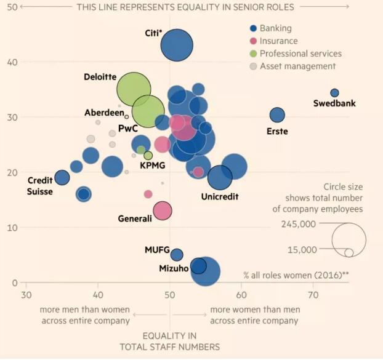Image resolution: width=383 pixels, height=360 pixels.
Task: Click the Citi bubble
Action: coord(177,45)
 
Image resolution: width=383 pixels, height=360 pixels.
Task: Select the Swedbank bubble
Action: coord(334,93)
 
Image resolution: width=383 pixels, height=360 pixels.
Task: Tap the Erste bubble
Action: coord(277,114)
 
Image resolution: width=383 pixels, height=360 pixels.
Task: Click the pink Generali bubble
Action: coord(162,211)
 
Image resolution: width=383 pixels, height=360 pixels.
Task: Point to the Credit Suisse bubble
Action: coord(62,178)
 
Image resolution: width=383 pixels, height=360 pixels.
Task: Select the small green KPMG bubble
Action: coord(148,156)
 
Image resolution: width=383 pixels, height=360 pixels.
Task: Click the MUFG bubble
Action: coord(177,255)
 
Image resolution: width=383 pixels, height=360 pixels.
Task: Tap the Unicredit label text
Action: coord(219,197)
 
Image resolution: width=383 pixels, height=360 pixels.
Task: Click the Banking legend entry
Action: coord(275,28)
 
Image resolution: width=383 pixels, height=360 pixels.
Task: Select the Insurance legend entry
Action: coord(278,41)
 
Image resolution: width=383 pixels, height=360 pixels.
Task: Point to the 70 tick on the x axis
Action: coord(314,295)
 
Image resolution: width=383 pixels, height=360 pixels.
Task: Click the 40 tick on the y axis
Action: coord(12,62)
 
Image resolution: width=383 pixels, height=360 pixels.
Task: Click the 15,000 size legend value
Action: coord(301,249)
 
